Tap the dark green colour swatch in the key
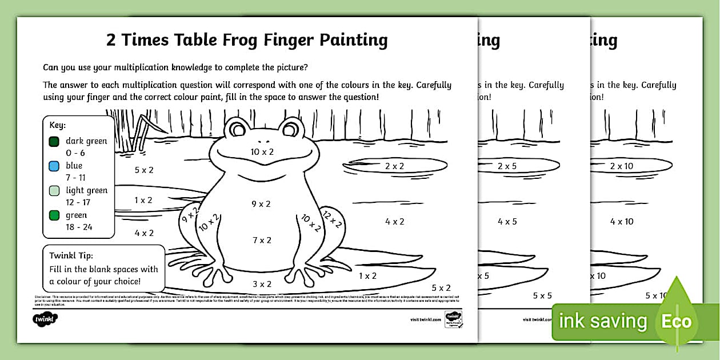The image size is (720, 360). click(x=54, y=141)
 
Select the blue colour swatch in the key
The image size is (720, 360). click(x=54, y=166)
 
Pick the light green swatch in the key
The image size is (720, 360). click(x=54, y=191)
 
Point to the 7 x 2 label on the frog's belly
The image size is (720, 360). click(x=262, y=240)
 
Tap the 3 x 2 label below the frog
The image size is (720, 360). click(x=262, y=284)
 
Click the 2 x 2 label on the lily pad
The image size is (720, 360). click(x=394, y=166)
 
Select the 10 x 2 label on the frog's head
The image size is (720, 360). click(x=262, y=151)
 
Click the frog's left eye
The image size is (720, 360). click(x=237, y=130)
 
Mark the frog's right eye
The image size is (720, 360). click(x=290, y=130)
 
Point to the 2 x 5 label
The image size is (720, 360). click(x=507, y=166)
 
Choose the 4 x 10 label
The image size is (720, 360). click(x=622, y=221)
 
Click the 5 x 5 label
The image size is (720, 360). click(x=542, y=295)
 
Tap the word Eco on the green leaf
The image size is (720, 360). click(x=677, y=321)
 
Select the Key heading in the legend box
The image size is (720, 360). click(x=58, y=125)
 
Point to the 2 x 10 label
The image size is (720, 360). click(x=622, y=166)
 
